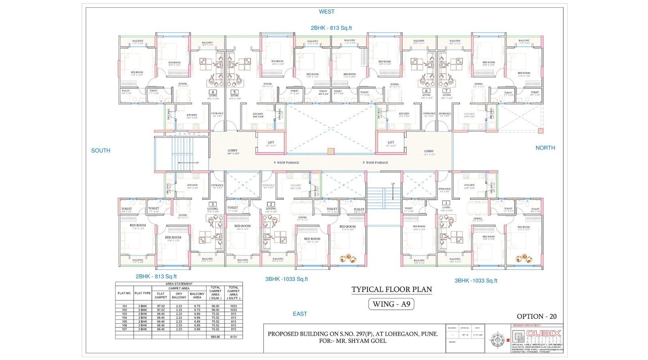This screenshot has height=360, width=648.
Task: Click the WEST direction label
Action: [x=326, y=12]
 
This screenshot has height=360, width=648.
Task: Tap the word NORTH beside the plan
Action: [x=545, y=148]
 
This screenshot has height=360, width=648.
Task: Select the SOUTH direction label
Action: [x=100, y=150]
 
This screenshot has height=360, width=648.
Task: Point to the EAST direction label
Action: [x=300, y=314]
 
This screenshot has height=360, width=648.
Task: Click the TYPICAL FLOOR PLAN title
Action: [x=392, y=290]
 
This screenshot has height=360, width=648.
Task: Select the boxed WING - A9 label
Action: [x=391, y=304]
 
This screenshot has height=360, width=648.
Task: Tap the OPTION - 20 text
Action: [x=537, y=316]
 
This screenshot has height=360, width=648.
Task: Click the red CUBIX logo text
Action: [x=544, y=334]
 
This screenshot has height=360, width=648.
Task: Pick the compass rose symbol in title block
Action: [x=497, y=340]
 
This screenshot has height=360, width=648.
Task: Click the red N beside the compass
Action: [x=508, y=340]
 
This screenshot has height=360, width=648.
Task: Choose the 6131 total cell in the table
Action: [x=234, y=337]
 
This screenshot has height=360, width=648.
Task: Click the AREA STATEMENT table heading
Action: [x=179, y=284]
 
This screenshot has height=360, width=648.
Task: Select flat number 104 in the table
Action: [x=124, y=318]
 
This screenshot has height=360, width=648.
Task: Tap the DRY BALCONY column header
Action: [x=179, y=296]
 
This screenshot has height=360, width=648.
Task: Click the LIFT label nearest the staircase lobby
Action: [x=271, y=143]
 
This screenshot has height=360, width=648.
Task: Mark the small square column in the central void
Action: [x=330, y=151]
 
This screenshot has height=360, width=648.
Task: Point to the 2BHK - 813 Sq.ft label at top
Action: [x=331, y=28]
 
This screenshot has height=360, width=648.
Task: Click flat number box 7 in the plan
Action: [x=446, y=91]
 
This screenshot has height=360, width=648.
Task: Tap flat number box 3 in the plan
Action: [x=212, y=204]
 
